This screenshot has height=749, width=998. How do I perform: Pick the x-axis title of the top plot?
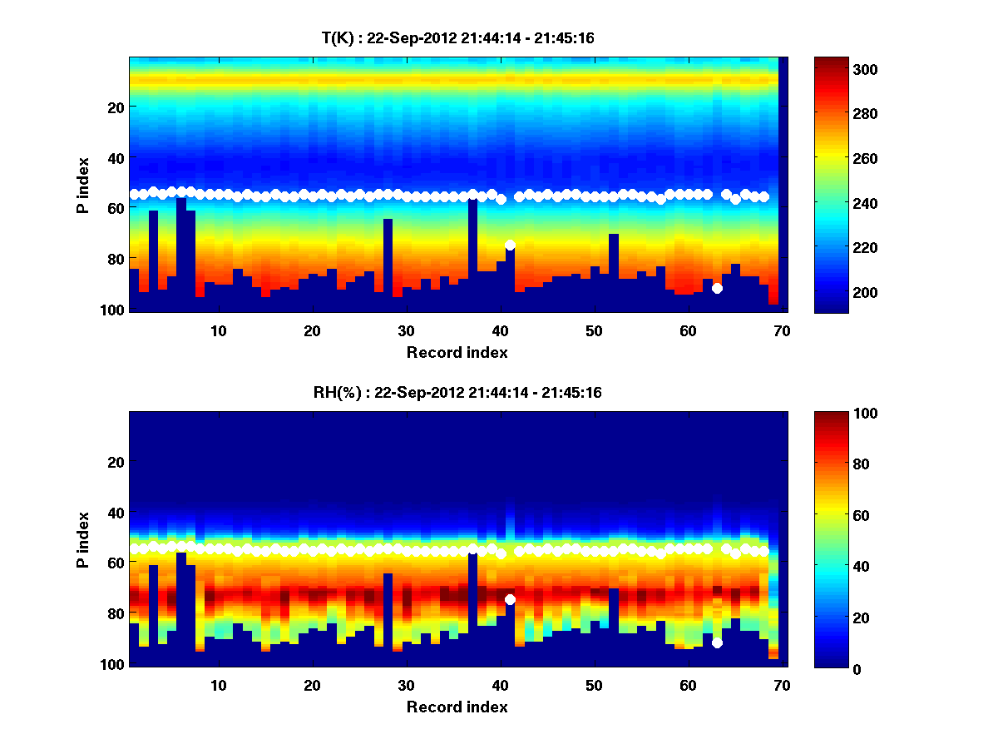[457, 353]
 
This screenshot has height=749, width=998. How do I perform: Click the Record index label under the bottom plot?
[457, 707]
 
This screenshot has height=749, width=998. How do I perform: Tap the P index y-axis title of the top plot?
[83, 185]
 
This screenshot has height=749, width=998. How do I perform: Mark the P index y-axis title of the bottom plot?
[83, 539]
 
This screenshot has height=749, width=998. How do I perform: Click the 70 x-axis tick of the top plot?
[782, 330]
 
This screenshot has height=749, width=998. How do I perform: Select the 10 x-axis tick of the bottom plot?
[218, 685]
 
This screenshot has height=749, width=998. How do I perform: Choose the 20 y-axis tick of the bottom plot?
[116, 462]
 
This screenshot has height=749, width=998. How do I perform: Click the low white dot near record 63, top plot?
[717, 288]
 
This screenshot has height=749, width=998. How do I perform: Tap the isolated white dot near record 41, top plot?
[510, 245]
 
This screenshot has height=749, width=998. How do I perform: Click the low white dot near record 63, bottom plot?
[717, 642]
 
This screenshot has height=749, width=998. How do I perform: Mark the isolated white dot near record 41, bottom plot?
[510, 599]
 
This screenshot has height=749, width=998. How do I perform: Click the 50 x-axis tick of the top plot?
[594, 330]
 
